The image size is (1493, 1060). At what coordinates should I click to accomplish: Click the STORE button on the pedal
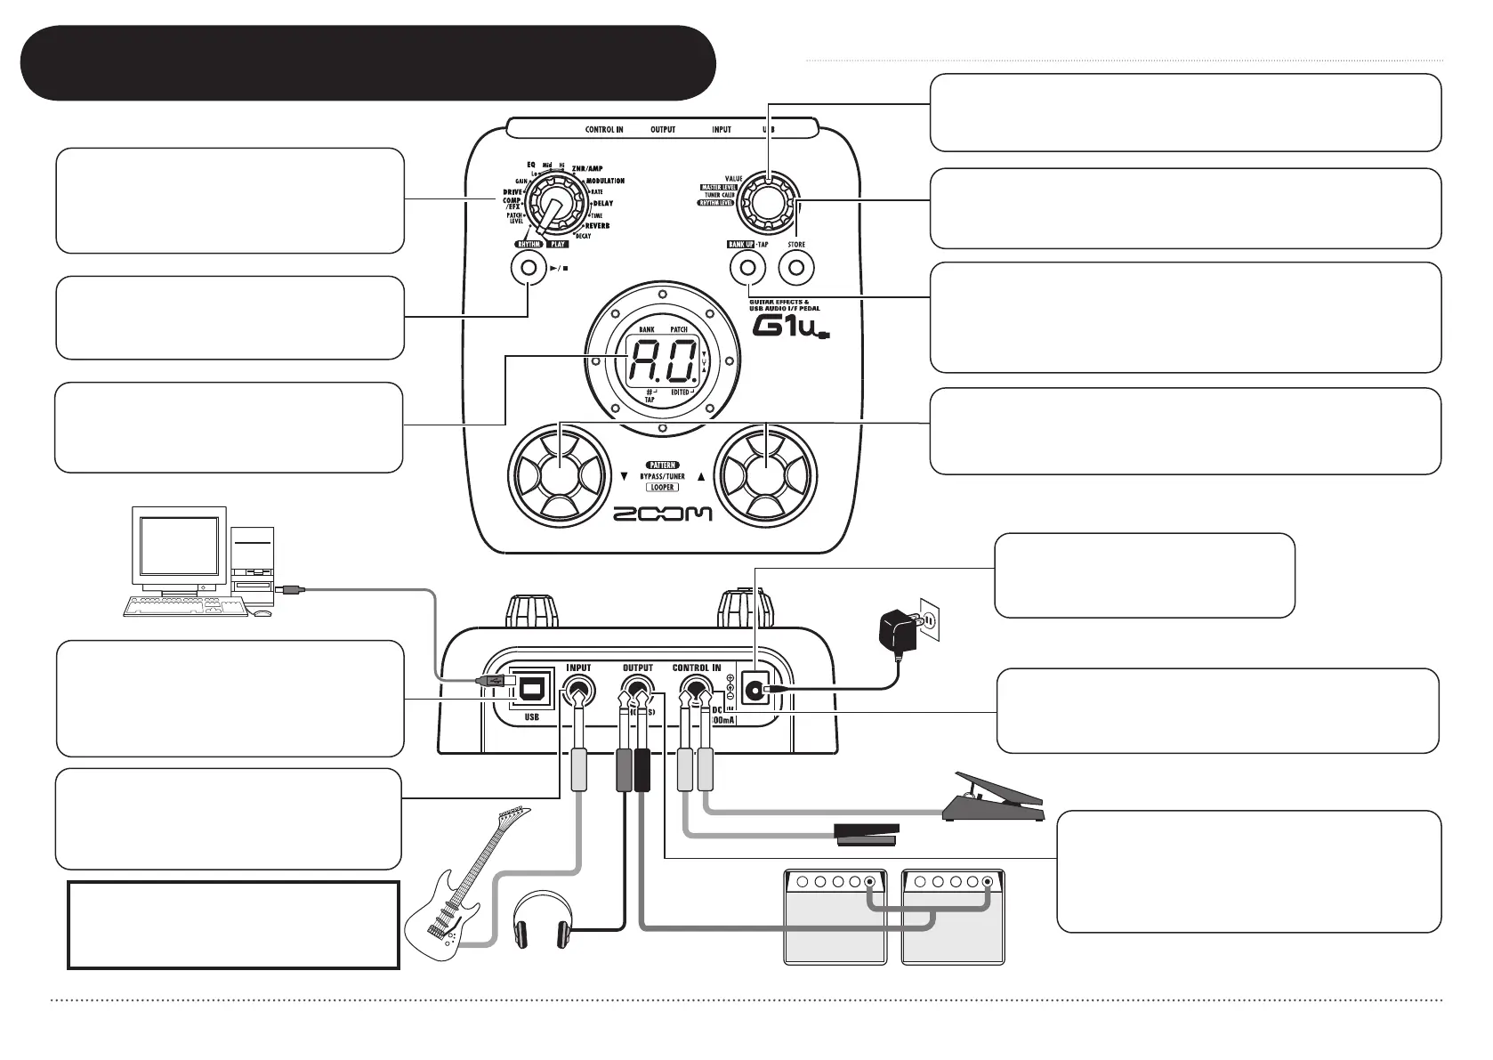click(796, 268)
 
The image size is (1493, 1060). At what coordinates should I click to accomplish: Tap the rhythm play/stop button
click(529, 267)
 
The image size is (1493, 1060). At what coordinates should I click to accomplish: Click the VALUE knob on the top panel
click(766, 202)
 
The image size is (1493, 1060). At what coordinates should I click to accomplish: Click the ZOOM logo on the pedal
click(663, 514)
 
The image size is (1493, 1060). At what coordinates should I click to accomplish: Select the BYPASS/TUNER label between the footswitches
click(663, 476)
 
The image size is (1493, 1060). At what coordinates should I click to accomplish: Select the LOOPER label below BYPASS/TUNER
click(663, 488)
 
